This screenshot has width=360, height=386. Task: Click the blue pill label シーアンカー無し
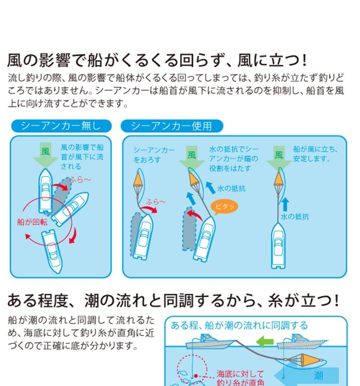(x=61, y=126)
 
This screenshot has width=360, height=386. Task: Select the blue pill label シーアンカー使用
(x=172, y=126)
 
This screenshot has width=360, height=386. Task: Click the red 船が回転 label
(x=32, y=222)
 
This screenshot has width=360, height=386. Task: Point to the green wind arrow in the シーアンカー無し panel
(x=45, y=155)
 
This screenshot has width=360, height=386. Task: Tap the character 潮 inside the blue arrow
(x=318, y=375)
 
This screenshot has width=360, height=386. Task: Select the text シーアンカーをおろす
(x=154, y=155)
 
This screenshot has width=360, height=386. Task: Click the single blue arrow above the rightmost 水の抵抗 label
(x=285, y=204)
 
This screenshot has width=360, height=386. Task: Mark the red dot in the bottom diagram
(x=196, y=376)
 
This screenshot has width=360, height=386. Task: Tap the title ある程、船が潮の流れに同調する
(x=239, y=325)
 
